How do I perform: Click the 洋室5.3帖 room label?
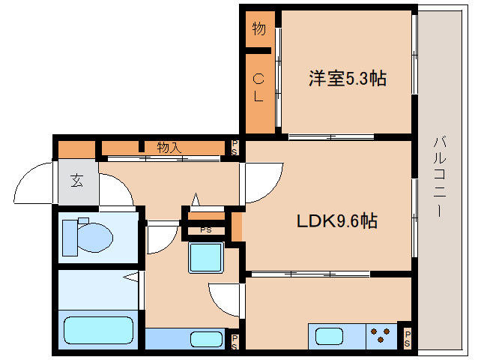click(348, 79)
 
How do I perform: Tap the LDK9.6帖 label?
click(337, 221)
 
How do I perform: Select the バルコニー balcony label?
click(440, 177)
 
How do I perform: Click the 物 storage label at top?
click(258, 28)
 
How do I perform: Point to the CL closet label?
click(258, 88)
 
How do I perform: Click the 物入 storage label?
click(169, 148)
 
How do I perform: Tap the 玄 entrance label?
click(76, 181)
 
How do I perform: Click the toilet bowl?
click(95, 238)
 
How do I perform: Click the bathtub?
click(98, 331)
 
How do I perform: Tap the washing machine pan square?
click(206, 257)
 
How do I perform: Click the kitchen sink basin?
click(329, 337)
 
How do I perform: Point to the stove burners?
click(380, 335)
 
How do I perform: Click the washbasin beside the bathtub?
click(206, 339)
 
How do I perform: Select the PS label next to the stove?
click(408, 339)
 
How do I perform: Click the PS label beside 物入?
click(234, 148)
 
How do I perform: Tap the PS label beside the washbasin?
click(234, 342)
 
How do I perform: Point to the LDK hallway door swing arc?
click(271, 190)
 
